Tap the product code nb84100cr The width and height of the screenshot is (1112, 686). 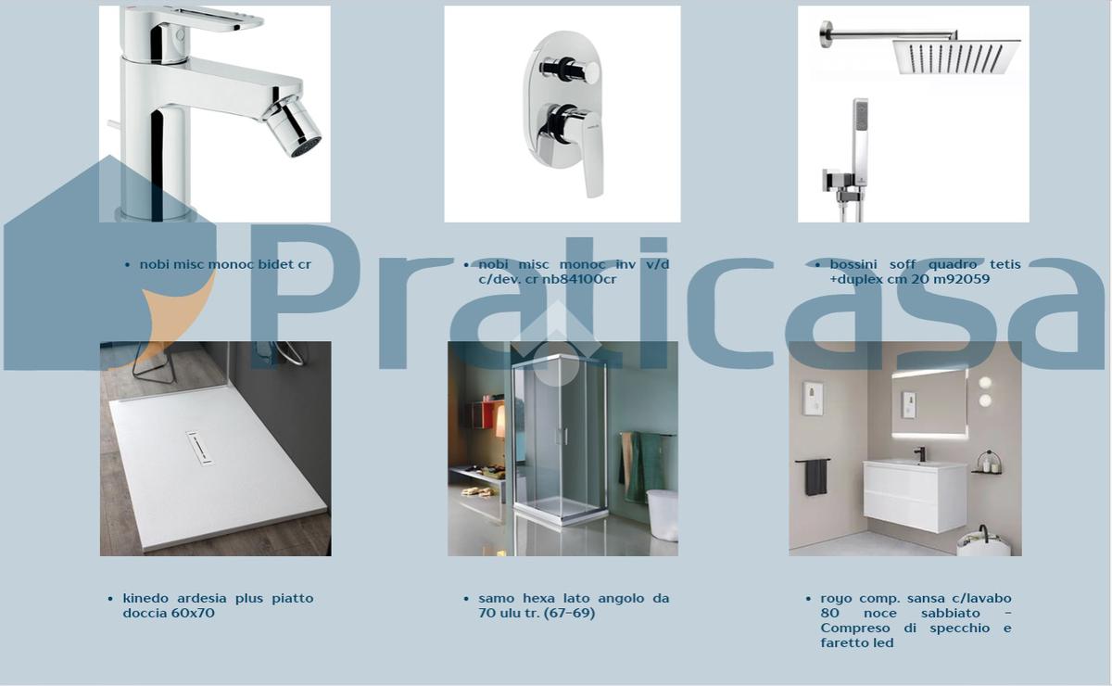tap(579, 279)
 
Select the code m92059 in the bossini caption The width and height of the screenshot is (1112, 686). tap(962, 279)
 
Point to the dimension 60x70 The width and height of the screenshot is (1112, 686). tap(193, 613)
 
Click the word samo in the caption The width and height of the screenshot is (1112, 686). tap(497, 598)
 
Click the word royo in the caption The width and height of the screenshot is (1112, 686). tap(836, 599)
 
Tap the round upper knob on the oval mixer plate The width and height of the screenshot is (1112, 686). tap(592, 71)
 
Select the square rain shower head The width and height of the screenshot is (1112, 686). tap(956, 57)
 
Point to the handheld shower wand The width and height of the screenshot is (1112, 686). tap(860, 144)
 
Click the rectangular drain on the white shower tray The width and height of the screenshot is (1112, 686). tap(200, 448)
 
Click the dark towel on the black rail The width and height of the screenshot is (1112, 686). tap(816, 476)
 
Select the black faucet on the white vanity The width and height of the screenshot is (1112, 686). tap(920, 454)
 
